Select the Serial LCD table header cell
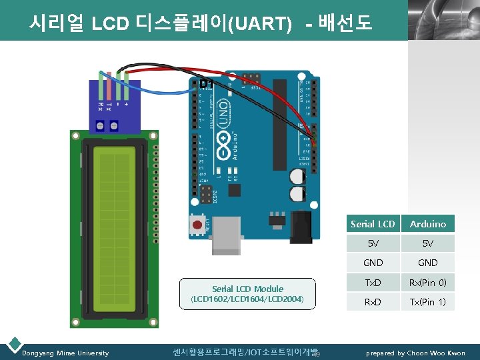pos(373,224)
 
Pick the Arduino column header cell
pos(428,224)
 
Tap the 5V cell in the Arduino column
pos(428,243)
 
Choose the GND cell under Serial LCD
pos(373,263)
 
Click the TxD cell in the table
pos(373,282)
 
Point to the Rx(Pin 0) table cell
pos(428,282)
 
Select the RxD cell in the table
pos(373,302)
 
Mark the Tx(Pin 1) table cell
pos(428,302)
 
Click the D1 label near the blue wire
pos(207,83)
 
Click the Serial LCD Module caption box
pos(247,294)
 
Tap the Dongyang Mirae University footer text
pos(65,353)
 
